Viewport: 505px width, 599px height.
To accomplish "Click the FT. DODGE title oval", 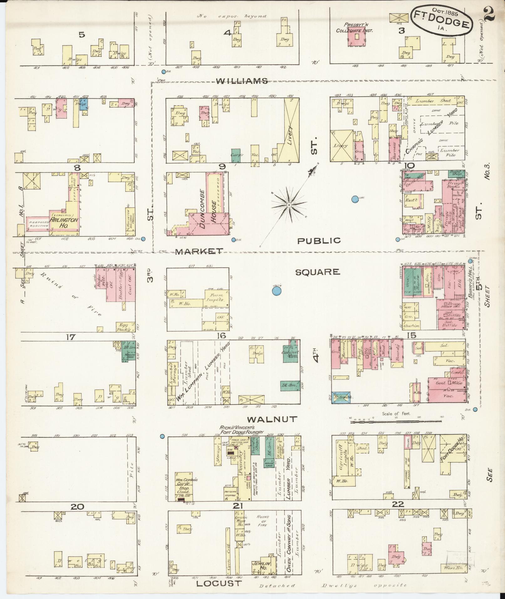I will (x=441, y=20).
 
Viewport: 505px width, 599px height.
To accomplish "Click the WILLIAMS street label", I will (x=242, y=81).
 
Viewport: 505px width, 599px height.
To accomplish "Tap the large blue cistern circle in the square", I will (x=276, y=292).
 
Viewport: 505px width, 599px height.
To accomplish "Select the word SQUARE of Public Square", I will (x=318, y=272).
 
